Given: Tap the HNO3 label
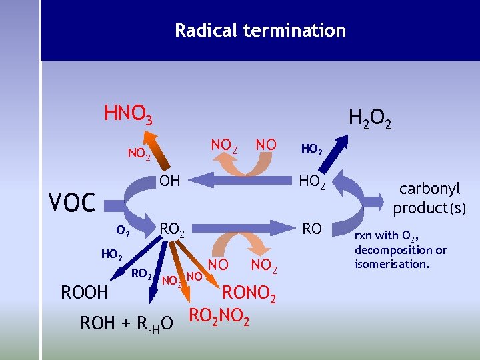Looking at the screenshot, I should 128,115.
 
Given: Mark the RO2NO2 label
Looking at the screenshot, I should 220,316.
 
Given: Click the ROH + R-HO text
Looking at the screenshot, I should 127,323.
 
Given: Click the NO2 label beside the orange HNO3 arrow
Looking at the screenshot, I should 139,155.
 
